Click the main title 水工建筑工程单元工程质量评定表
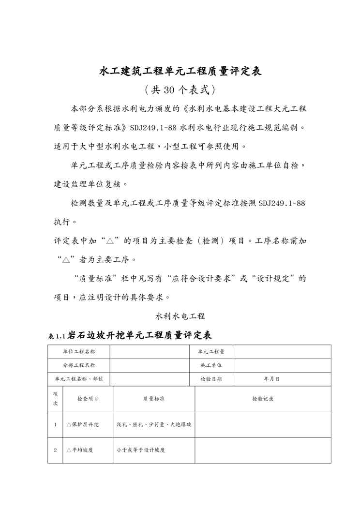click(180, 72)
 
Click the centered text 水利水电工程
click(180, 316)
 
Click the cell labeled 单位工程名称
click(79, 352)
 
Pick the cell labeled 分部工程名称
click(79, 365)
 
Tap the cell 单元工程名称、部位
click(79, 379)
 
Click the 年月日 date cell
click(271, 379)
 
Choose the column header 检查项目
click(88, 399)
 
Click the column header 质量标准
click(154, 399)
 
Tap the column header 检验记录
click(263, 399)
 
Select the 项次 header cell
click(55, 399)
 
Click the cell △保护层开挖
click(83, 424)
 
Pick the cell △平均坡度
click(80, 450)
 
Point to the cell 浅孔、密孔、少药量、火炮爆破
click(154, 424)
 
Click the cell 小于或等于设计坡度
click(141, 450)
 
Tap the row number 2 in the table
click(55, 450)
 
